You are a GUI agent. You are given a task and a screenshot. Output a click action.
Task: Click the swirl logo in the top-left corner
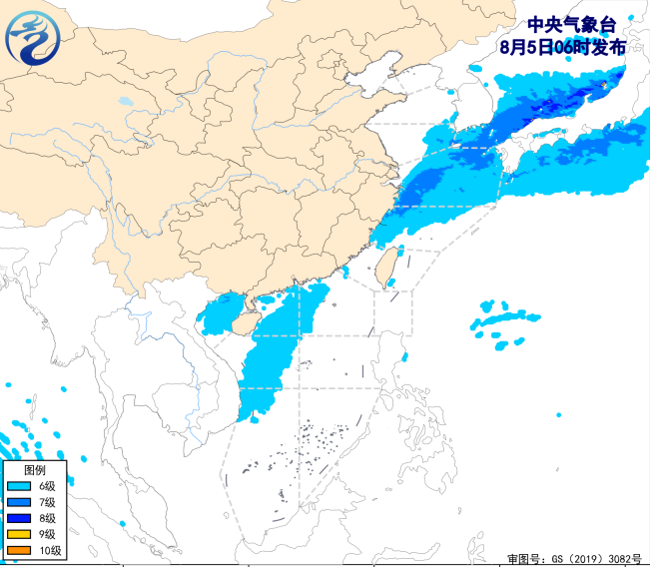click(33, 37)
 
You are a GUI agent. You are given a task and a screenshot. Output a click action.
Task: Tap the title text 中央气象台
click(566, 26)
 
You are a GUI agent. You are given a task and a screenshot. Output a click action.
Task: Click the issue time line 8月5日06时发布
click(565, 47)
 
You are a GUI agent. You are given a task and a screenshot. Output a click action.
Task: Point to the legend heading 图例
click(34, 469)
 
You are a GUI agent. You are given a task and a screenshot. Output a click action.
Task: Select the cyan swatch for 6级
click(19, 486)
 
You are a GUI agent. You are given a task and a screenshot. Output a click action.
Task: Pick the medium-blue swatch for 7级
click(19, 502)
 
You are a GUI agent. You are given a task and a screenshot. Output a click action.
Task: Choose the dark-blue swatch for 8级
click(19, 518)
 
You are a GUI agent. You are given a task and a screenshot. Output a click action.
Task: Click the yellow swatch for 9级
click(19, 534)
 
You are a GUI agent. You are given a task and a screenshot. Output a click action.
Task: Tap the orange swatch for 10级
click(19, 550)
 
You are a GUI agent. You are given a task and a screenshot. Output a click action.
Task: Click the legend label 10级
click(50, 550)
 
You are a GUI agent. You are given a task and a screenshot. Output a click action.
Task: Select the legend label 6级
click(47, 486)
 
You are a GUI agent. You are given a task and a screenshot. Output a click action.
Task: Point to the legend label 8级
click(47, 518)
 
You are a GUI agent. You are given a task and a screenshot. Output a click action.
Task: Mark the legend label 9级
click(47, 534)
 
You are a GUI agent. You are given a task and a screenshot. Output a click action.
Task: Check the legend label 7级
click(47, 502)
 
